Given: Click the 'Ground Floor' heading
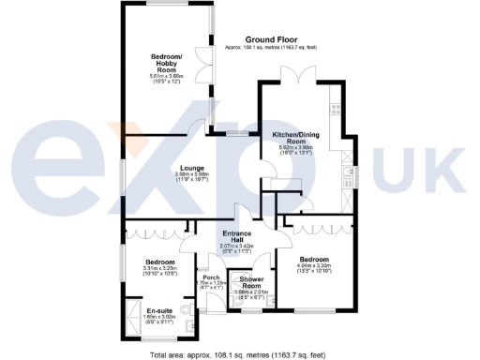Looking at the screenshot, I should click(273, 38).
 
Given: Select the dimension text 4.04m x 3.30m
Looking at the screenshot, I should click(314, 267).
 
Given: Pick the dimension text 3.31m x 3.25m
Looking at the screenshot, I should click(159, 269).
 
